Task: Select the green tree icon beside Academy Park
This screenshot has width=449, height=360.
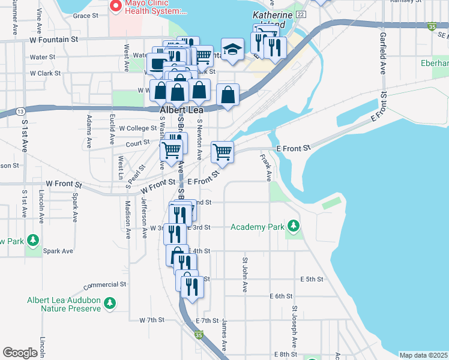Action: coord(294,226)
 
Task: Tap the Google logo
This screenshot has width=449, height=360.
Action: coord(20,353)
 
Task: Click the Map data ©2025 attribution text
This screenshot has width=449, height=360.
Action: coord(423,355)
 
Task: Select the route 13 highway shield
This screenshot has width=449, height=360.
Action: coord(20,112)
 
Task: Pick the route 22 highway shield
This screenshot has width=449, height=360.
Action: coord(301,14)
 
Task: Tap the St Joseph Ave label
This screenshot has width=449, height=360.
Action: coord(295,326)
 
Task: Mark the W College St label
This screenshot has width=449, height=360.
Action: coord(137,128)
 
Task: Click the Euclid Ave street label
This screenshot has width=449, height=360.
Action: coord(112,130)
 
